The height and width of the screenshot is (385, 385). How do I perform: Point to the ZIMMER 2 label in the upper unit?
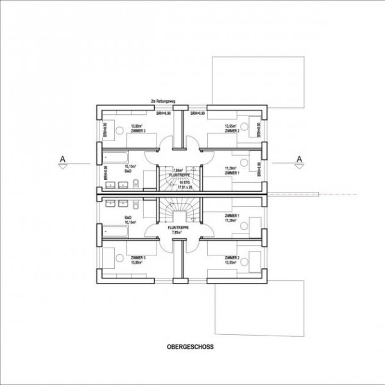pyautogui.click(x=232, y=130)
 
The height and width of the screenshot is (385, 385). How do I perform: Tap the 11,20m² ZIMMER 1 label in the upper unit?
pyautogui.click(x=232, y=171)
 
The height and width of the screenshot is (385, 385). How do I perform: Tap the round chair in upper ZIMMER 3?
pyautogui.click(x=121, y=128)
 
